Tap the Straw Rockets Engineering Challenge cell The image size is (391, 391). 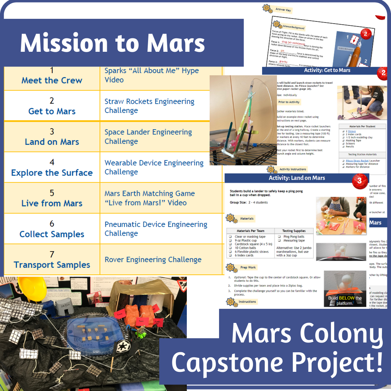(149, 105)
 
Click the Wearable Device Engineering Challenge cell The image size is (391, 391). (154, 167)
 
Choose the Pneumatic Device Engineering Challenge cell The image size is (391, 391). (156, 228)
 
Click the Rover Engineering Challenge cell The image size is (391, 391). (153, 260)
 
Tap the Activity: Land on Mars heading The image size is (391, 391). (297, 178)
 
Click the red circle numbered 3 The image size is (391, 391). (359, 180)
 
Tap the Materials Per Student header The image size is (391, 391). (362, 126)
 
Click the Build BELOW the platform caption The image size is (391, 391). (345, 300)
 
